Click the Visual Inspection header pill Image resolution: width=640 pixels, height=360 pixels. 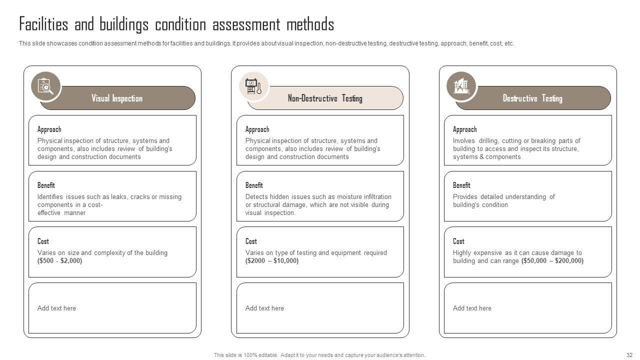117,98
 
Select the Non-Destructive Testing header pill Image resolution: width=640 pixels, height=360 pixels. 325,98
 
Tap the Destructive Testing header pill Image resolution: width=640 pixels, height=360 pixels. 532,98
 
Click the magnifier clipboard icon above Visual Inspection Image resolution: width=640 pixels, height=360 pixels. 45,86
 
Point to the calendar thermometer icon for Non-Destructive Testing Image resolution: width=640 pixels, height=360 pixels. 253,86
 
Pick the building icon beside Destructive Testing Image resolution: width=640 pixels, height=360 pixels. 461,86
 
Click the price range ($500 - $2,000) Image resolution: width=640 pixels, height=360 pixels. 59,261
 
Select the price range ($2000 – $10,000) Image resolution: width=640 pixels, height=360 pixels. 272,261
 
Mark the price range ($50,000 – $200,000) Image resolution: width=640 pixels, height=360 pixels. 552,261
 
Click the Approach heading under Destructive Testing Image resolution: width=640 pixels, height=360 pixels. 464,129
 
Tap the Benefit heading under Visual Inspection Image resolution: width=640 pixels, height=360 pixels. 46,185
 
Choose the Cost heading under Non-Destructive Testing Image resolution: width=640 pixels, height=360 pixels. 251,241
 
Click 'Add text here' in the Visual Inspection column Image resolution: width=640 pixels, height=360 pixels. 56,308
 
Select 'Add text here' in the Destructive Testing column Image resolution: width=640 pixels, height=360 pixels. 472,308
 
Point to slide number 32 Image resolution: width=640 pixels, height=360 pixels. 629,355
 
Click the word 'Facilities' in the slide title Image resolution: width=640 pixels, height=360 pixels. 43,24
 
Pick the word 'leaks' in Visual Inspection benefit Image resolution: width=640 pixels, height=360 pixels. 118,197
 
